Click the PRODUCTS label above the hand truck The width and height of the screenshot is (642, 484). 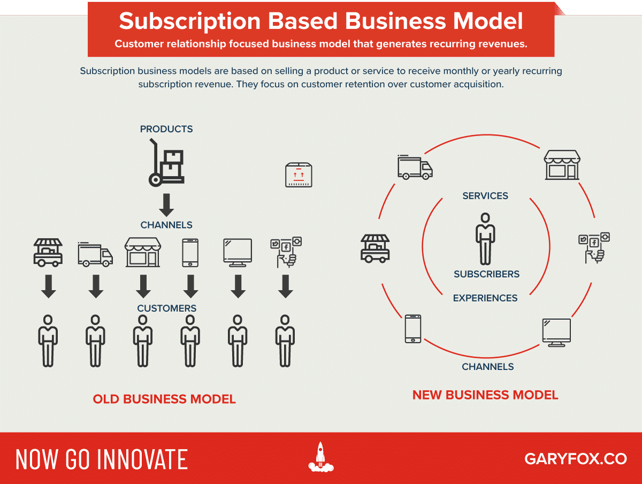pos(166,129)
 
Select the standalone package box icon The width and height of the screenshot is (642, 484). pos(298,175)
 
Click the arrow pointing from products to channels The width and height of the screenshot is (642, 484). pos(166,205)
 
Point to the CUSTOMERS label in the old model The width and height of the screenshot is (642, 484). pos(166,309)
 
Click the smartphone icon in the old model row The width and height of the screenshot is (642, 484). pos(190,252)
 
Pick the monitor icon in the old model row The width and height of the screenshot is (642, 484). pos(237,252)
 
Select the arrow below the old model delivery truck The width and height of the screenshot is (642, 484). pos(96,287)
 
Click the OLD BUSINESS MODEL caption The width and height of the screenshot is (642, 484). pos(164,399)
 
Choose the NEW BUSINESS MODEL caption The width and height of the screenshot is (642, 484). pos(485,395)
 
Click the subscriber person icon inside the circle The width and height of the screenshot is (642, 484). pos(485,239)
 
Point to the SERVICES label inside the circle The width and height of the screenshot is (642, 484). pos(485,196)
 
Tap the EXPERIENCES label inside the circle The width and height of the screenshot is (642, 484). pos(485,298)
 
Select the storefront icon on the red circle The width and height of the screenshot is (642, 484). pos(562,164)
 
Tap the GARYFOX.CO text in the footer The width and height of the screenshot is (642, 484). pos(575,459)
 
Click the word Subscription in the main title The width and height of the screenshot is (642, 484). pos(190,21)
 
